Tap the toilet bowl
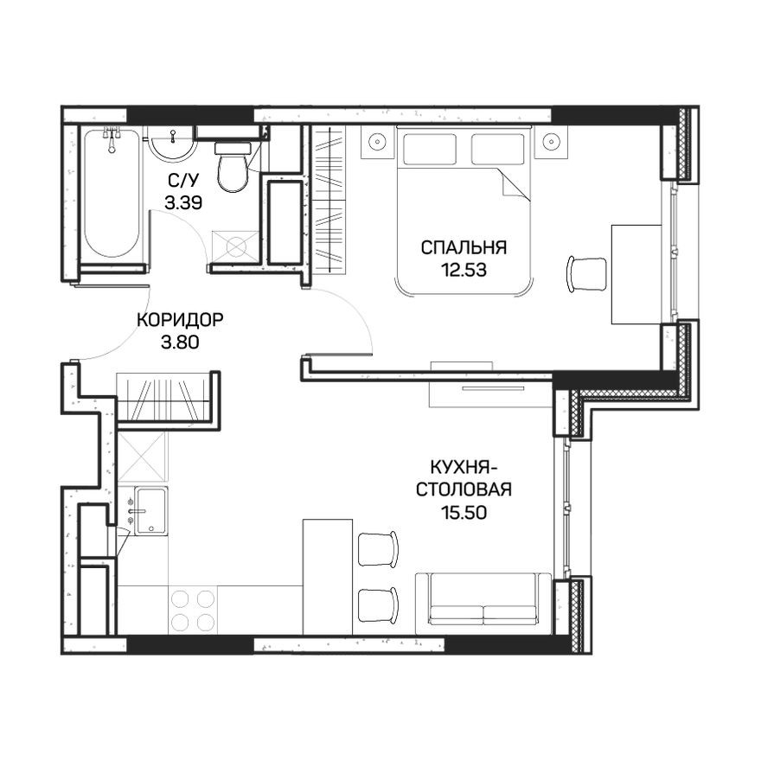(x=231, y=170)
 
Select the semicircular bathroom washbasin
(x=174, y=144)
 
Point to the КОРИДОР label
(x=180, y=320)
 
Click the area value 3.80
(x=180, y=342)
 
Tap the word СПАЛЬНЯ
(x=464, y=247)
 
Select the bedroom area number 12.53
(x=464, y=269)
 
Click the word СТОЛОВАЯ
(x=464, y=490)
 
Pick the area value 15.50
(x=464, y=512)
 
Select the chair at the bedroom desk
(x=587, y=274)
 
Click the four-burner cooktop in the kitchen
(x=193, y=610)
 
